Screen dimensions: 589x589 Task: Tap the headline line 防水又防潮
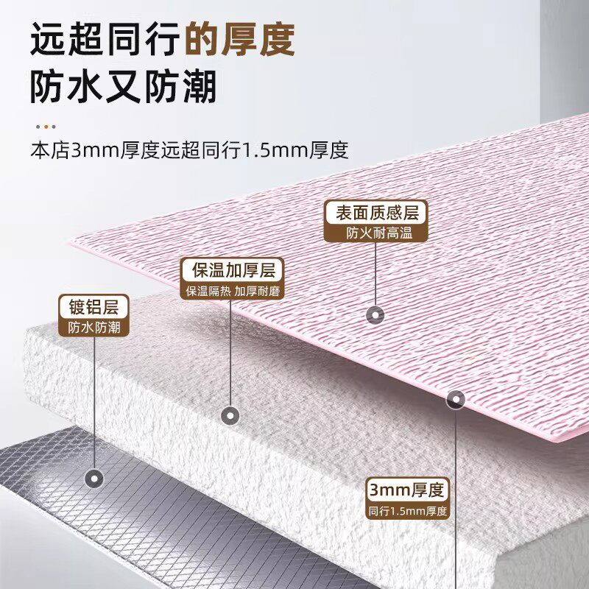(x=123, y=88)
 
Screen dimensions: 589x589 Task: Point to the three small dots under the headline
(x=45, y=126)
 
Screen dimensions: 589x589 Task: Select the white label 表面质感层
(x=376, y=213)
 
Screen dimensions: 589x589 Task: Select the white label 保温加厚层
(x=233, y=270)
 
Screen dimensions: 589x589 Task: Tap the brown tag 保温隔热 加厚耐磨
(x=233, y=291)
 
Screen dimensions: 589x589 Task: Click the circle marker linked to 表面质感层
(x=376, y=314)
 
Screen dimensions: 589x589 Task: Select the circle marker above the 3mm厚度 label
(x=456, y=399)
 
